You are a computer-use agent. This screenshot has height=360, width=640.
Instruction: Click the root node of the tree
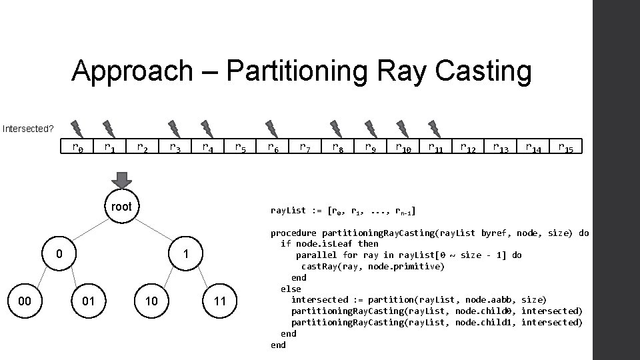pyautogui.click(x=121, y=207)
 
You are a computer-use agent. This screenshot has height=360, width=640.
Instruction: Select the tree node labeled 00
pyautogui.click(x=25, y=301)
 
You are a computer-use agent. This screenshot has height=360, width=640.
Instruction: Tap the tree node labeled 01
pyautogui.click(x=88, y=301)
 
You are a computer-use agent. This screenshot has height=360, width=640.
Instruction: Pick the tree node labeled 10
pyautogui.click(x=151, y=301)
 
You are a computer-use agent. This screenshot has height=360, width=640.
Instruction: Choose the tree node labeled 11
pyautogui.click(x=220, y=301)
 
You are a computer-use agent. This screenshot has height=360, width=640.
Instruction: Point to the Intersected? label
pyautogui.click(x=28, y=128)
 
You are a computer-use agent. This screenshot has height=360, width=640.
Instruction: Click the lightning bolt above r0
pyautogui.click(x=76, y=127)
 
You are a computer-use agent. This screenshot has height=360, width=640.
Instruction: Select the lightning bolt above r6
pyautogui.click(x=271, y=127)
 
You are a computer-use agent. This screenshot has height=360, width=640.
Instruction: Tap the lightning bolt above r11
pyautogui.click(x=434, y=127)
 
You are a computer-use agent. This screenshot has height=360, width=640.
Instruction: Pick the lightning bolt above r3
pyautogui.click(x=174, y=127)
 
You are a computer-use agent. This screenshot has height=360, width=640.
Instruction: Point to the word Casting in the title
pyautogui.click(x=477, y=71)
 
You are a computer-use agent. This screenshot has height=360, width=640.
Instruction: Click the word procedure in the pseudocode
pyautogui.click(x=293, y=233)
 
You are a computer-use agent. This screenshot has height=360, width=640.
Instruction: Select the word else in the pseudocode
pyautogui.click(x=291, y=289)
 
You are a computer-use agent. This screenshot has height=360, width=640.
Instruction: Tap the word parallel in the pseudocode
pyautogui.click(x=317, y=255)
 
